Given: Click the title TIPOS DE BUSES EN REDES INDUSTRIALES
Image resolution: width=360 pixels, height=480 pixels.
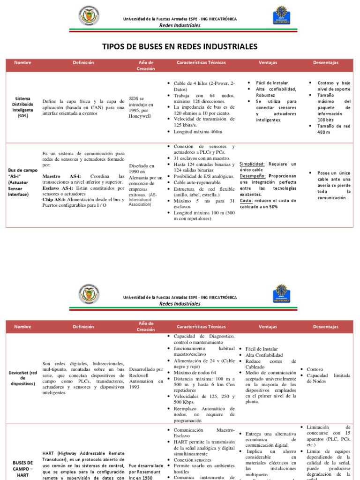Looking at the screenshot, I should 180,46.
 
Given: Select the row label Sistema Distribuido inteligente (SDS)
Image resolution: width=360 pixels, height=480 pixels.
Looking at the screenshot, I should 22,107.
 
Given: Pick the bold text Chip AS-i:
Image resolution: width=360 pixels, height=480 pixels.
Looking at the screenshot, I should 54,200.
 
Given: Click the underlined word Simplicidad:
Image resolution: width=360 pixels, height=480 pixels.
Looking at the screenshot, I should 252,164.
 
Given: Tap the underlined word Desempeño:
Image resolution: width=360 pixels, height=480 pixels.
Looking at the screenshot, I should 254,176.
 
